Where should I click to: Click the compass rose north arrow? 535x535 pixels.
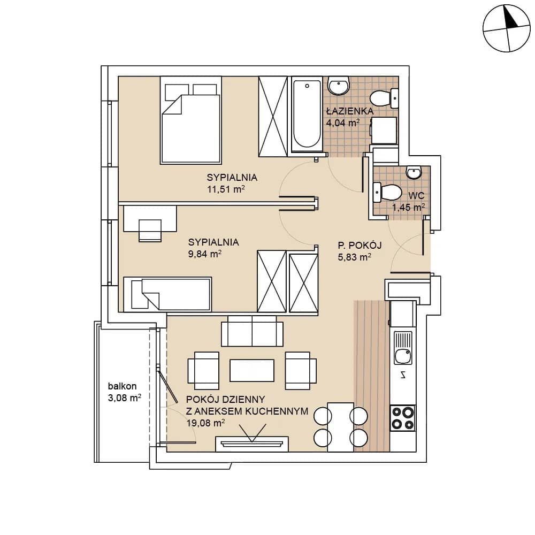[511, 17]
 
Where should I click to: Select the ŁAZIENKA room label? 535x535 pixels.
[350, 111]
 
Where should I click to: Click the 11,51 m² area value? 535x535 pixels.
[226, 189]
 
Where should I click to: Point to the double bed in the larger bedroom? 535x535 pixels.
[191, 120]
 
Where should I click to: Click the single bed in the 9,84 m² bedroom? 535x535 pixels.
[167, 294]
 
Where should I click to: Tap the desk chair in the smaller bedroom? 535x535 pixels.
[150, 231]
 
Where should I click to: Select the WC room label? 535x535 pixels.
[416, 195]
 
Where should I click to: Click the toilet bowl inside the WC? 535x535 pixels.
[387, 192]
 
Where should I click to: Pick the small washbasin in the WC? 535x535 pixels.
[414, 172]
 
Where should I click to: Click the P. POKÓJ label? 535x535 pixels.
[360, 245]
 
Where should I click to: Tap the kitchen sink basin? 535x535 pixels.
[403, 356]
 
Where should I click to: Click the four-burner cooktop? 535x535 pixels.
[403, 418]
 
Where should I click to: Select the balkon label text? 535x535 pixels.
[122, 386]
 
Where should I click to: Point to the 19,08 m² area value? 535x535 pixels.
[205, 423]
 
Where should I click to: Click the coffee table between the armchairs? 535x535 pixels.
[252, 370]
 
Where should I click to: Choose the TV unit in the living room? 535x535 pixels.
[252, 444]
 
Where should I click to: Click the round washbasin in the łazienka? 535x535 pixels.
[339, 85]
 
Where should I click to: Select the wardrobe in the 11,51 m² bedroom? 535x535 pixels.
[273, 116]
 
